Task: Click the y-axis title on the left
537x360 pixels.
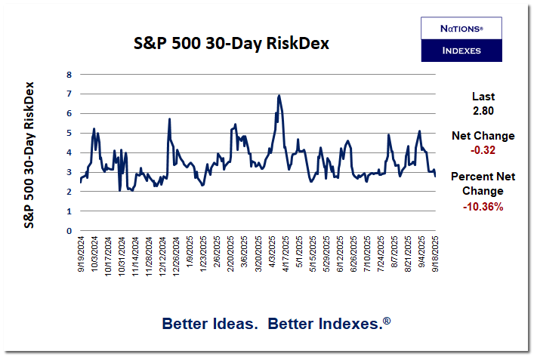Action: pos(29,155)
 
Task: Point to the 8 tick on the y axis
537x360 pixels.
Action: pos(69,74)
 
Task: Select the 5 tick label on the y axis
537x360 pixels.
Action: pos(69,133)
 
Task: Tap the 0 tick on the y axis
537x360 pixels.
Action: pos(69,231)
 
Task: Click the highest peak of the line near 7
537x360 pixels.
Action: pos(279,95)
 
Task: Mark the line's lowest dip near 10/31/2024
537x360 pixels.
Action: pos(120,190)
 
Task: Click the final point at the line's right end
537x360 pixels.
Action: pos(435,176)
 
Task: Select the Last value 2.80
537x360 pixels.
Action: pos(483,110)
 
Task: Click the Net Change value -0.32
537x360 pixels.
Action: pos(483,149)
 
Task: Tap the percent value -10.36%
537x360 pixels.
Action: pos(483,205)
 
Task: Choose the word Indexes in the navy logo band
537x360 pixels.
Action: pos(461,51)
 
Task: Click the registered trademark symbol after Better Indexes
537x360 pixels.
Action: pos(387,321)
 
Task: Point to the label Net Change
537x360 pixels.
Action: pos(483,136)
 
